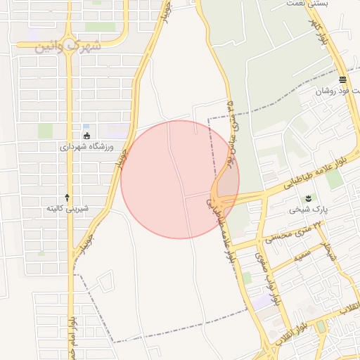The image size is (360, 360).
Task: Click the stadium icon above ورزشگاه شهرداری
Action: (x=86, y=135)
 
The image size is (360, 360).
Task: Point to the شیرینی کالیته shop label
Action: (x=67, y=208)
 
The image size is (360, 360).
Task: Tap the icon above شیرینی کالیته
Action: (x=67, y=196)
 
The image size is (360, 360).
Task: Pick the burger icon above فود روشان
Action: (x=342, y=79)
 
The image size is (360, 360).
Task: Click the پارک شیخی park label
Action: (x=304, y=210)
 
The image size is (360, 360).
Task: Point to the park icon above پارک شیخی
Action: (x=307, y=198)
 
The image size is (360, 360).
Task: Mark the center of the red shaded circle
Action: (x=180, y=179)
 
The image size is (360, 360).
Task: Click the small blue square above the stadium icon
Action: (x=86, y=127)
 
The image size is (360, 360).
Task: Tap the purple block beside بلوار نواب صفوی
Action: (x=262, y=302)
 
